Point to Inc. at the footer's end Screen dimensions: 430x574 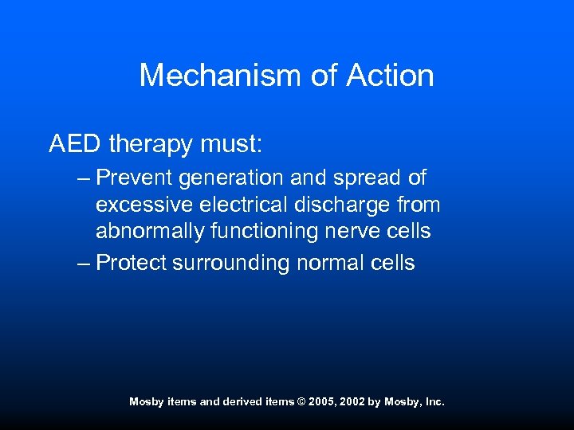[x=434, y=402]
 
